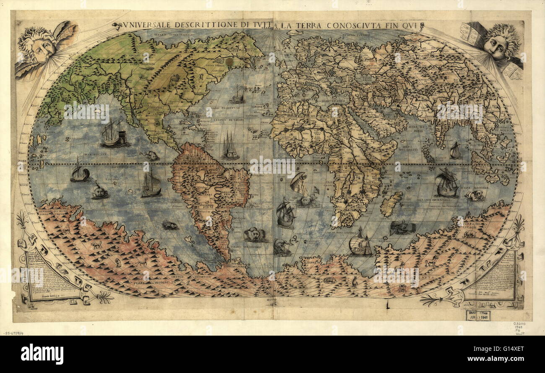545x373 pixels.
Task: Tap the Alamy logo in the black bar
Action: click(x=42, y=354)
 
